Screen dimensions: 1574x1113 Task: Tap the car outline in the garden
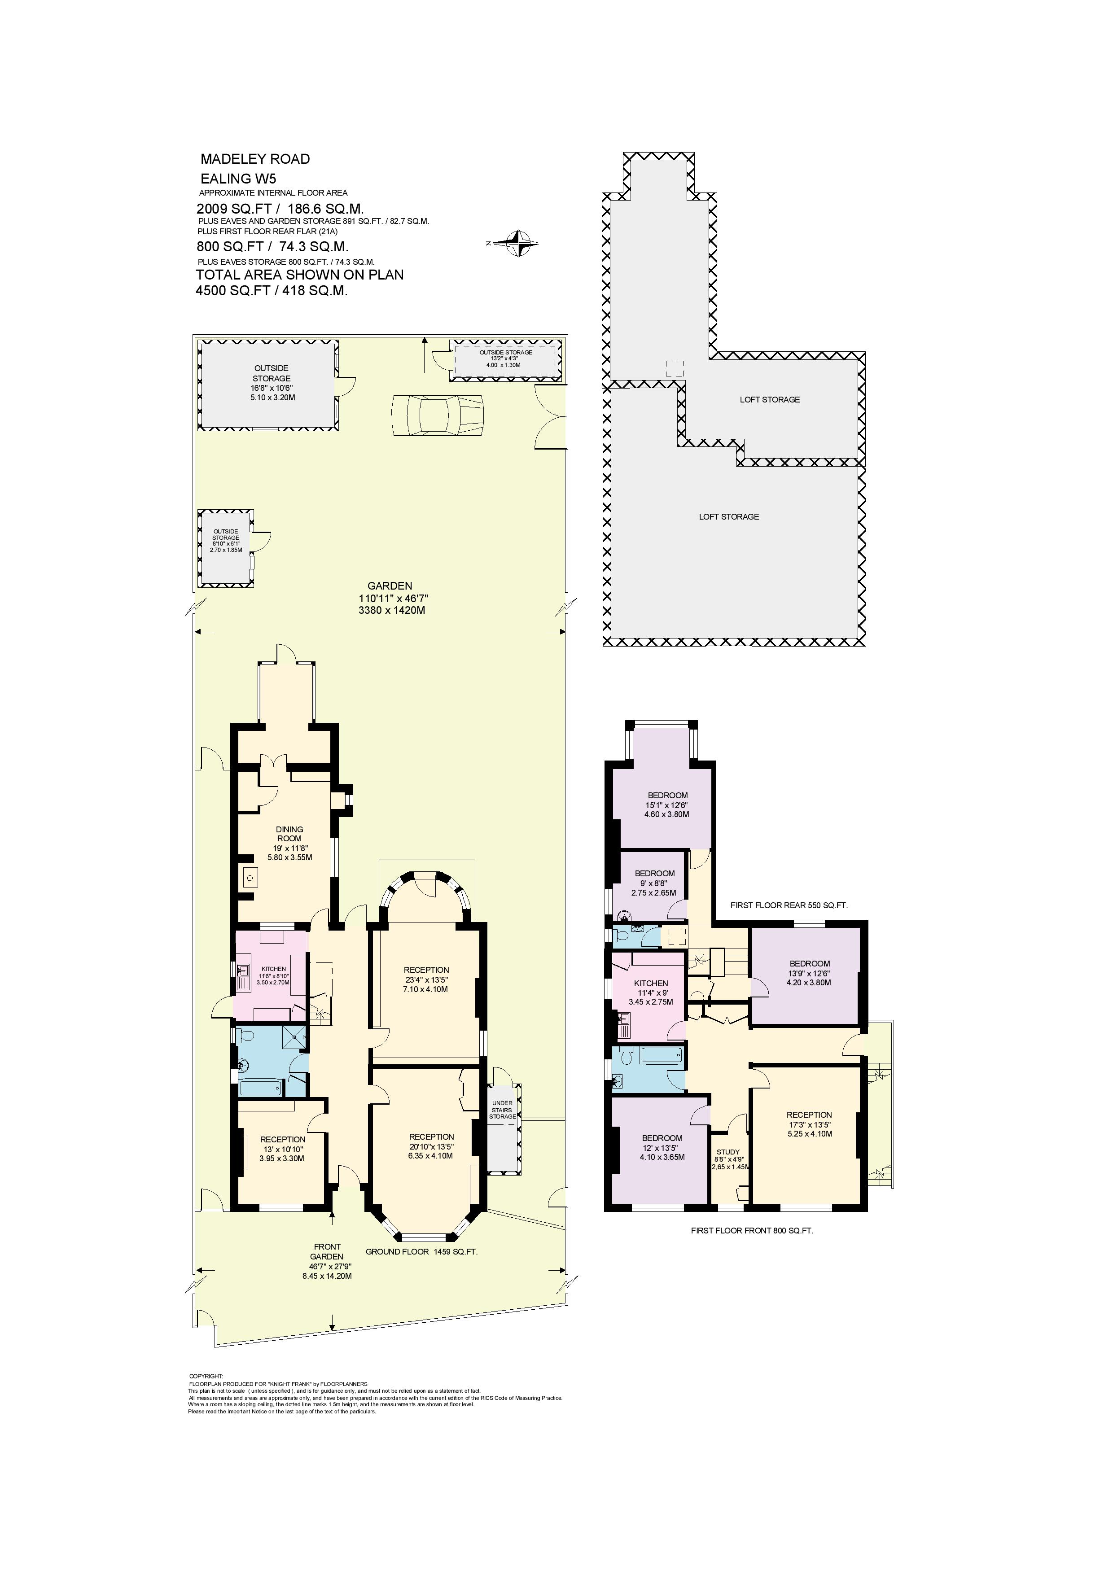(438, 415)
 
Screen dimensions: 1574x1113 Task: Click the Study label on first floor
(727, 1152)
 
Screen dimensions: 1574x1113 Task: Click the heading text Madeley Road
(254, 159)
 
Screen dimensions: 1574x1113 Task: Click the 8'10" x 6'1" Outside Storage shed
(225, 548)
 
